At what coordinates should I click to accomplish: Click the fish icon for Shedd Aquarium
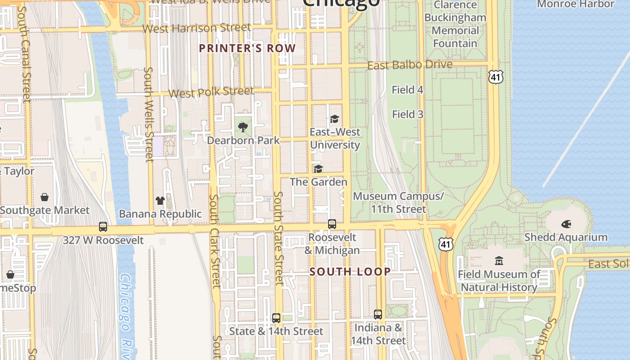(566, 224)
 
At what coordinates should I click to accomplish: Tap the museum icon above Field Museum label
(499, 261)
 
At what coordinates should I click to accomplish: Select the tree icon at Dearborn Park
(243, 127)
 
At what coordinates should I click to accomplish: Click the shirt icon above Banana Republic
(160, 201)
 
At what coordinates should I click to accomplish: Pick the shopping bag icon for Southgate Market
(45, 197)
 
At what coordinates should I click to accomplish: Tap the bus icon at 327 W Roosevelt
(103, 227)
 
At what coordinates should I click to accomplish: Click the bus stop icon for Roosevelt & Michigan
(332, 224)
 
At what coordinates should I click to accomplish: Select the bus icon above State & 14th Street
(276, 318)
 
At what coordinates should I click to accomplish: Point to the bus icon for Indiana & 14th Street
(378, 315)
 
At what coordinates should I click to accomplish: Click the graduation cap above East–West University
(334, 119)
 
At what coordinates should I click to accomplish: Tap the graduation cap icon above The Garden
(318, 169)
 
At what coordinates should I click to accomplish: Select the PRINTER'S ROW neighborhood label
(247, 49)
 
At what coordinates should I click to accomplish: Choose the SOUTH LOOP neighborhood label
(350, 272)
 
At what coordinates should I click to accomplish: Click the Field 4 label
(407, 90)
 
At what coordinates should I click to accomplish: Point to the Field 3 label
(407, 114)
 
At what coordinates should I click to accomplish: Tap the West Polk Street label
(211, 93)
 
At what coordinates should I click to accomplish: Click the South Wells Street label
(149, 114)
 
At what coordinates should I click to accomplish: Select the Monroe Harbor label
(576, 4)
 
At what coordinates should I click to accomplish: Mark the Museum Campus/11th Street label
(398, 202)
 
